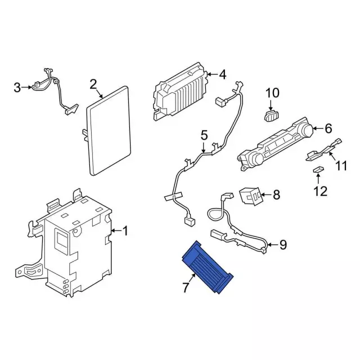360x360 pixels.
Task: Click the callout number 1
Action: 125,231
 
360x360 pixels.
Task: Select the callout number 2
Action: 93,85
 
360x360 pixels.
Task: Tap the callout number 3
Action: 17,87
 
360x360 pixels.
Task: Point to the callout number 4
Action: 222,74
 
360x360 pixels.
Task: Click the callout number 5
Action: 204,134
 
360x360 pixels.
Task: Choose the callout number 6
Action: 328,129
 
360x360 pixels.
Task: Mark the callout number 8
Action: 276,195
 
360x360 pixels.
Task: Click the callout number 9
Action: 283,244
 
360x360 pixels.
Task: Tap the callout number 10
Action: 272,93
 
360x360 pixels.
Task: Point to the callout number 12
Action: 319,191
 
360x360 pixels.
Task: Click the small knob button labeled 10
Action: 271,115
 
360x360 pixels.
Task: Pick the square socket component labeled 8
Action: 251,195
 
